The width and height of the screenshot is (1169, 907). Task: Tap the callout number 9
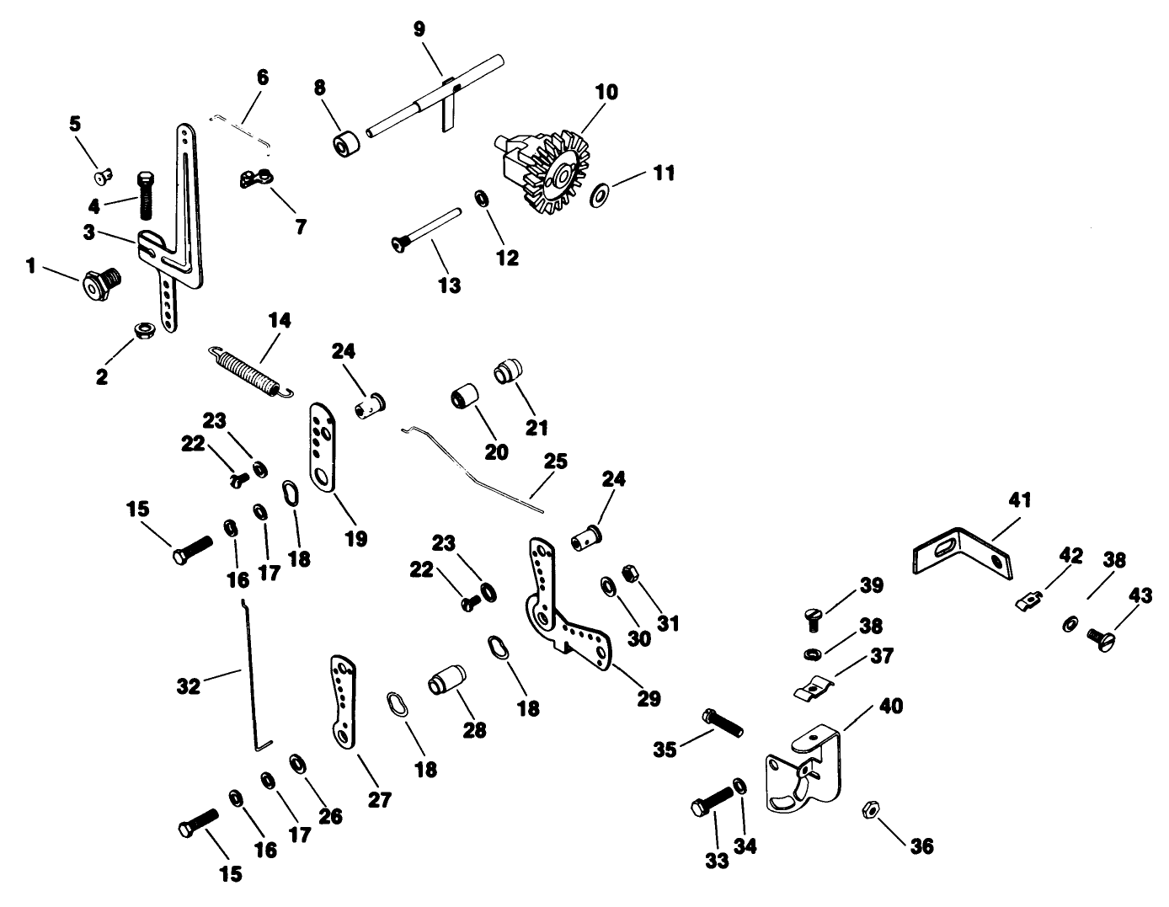[419, 29]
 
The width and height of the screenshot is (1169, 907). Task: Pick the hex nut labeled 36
[869, 810]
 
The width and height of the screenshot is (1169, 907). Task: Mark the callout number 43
[1140, 594]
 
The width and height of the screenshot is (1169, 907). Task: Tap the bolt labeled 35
[722, 723]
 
